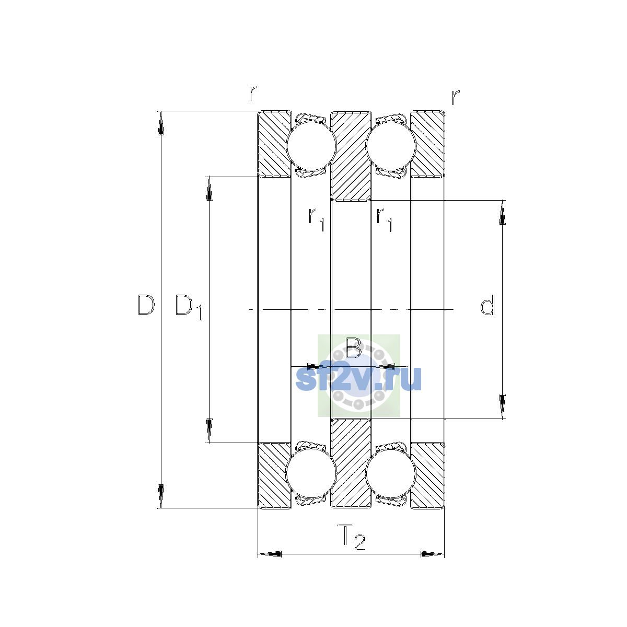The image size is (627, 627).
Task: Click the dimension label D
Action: [146, 305]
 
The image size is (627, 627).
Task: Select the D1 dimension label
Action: [189, 307]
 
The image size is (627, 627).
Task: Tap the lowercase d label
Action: [487, 305]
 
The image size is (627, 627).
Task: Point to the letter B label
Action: [353, 347]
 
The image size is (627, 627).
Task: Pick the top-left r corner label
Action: [253, 93]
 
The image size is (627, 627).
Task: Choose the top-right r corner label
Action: [456, 97]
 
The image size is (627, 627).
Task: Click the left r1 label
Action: [316, 219]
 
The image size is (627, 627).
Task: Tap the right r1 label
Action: [384, 219]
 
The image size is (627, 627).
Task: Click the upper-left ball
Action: [311, 146]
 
